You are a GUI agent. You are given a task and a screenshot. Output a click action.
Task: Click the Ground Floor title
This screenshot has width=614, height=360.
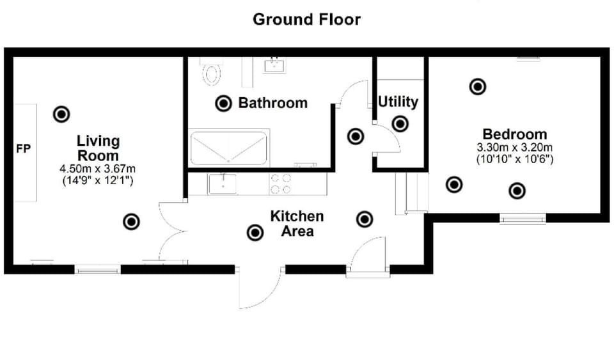point(306,19)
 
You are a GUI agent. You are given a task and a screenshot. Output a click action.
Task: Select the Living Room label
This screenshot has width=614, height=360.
point(98,148)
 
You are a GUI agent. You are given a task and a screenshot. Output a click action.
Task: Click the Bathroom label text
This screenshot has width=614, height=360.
point(272,103)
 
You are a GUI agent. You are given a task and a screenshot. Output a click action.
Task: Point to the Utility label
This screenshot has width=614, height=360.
point(398,102)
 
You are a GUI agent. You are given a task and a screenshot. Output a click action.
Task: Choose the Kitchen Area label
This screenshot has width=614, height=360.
point(297,224)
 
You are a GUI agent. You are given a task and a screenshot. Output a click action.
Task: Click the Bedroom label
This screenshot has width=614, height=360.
point(514,134)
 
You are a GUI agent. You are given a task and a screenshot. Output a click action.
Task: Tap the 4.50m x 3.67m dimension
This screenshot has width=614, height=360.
point(98,169)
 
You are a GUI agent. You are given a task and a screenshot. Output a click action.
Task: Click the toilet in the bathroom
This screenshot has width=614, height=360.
point(212,72)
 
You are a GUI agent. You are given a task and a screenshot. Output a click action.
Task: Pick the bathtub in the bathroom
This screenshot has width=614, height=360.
point(229,148)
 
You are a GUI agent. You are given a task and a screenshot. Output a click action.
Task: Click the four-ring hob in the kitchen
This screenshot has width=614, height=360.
point(280,184)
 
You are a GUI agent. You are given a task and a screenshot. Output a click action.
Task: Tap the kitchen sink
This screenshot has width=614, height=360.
point(223,184)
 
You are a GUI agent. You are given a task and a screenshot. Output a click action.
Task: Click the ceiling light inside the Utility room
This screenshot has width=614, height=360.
point(400,124)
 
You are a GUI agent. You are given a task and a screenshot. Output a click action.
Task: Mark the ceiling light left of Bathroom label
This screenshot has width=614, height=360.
point(223,104)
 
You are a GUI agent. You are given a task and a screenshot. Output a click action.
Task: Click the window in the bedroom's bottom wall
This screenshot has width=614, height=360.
point(523,219)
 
